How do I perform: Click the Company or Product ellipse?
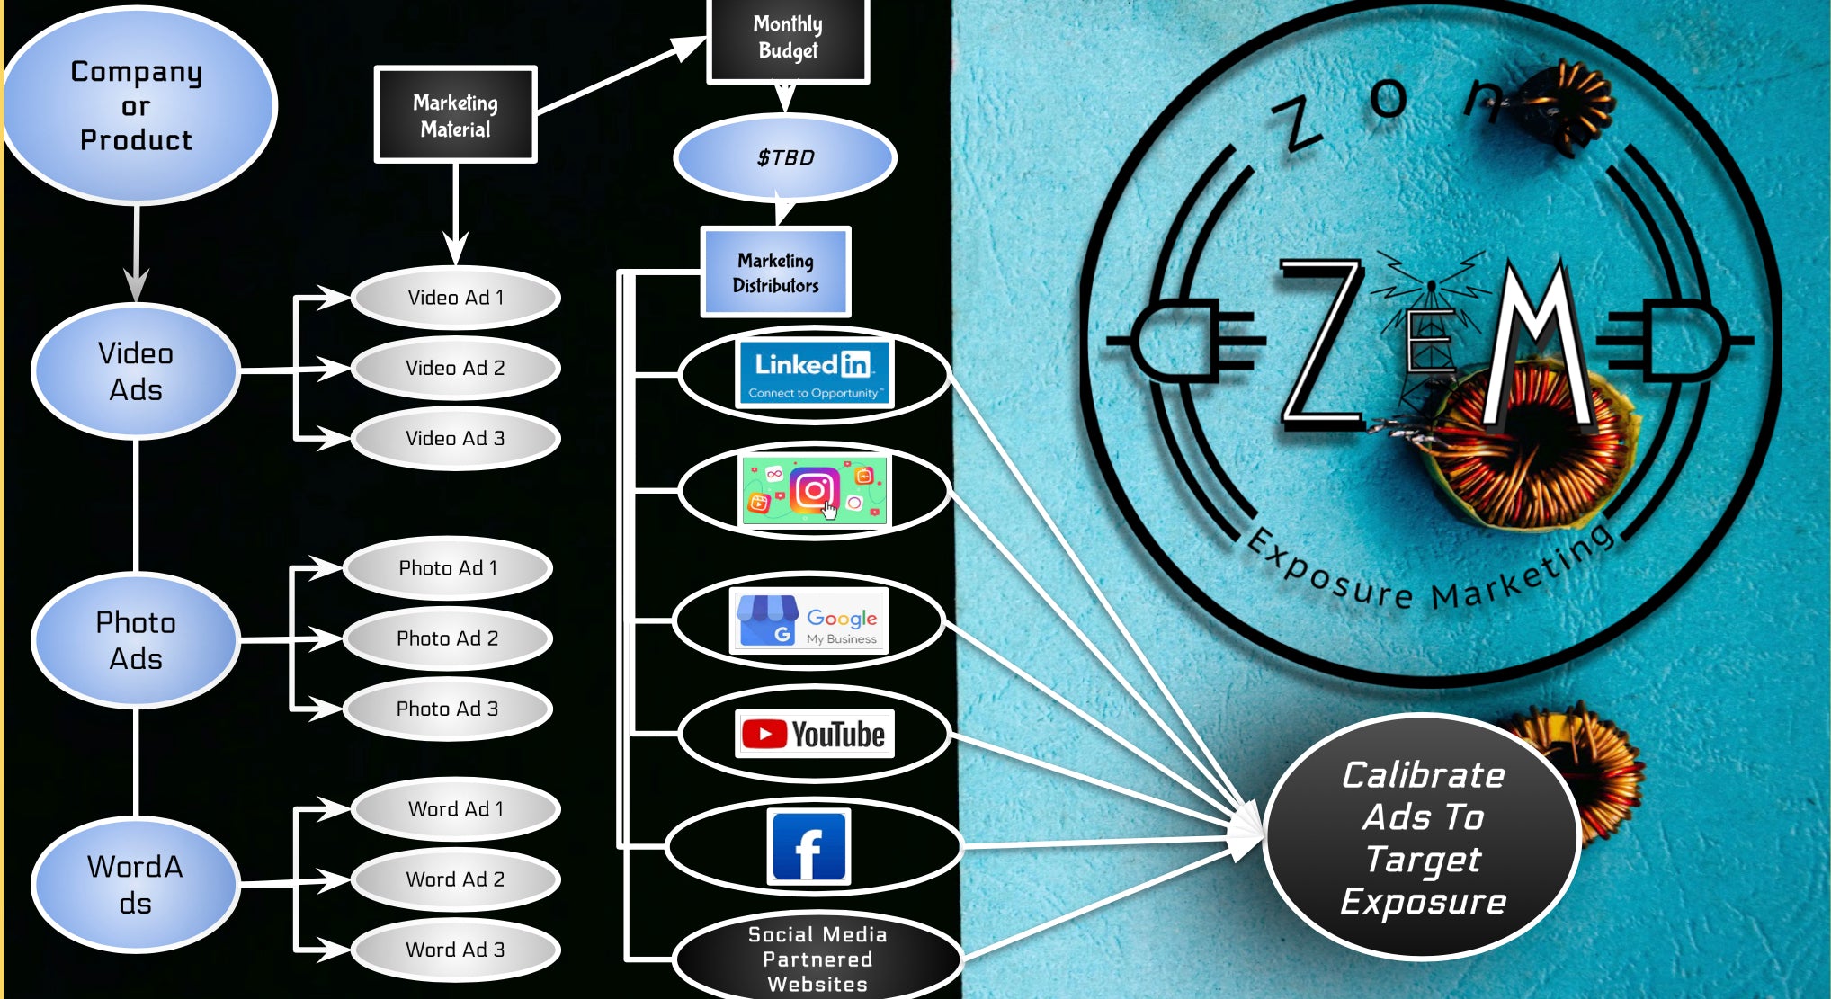pos(137,105)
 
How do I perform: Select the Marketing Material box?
pos(455,115)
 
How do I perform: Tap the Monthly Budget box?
pos(787,39)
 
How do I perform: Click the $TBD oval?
pos(785,158)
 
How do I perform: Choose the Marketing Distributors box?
pos(775,272)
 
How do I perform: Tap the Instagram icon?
pos(814,490)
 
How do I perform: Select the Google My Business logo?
pos(809,620)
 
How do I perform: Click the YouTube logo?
pos(814,734)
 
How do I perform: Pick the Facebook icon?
pos(808,847)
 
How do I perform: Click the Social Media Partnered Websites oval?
pos(817,959)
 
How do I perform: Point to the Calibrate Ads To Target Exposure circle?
pos(1422,837)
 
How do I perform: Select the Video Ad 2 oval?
pos(455,368)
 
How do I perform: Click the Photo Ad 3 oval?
pos(447,709)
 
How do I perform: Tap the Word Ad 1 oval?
pos(455,808)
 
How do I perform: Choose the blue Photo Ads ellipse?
pos(136,640)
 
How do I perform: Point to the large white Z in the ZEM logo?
pos(1320,342)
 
